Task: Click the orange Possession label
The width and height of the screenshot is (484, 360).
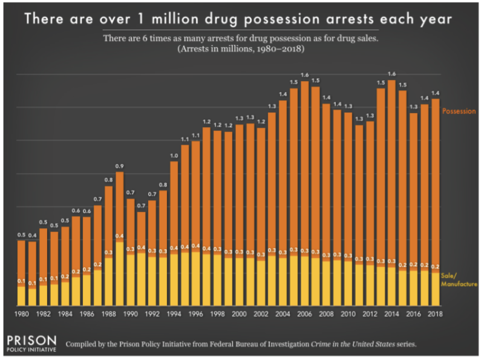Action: point(459,111)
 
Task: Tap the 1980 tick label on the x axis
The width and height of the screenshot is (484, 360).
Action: point(21,315)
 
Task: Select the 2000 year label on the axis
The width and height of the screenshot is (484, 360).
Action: point(238,315)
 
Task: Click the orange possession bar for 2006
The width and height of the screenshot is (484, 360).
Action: point(304,169)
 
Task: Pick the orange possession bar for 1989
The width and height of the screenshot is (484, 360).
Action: point(120,206)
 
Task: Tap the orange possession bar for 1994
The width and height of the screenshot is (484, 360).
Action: point(174,206)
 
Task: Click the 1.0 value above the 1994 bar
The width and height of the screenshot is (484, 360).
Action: point(174,156)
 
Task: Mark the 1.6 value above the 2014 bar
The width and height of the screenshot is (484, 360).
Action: point(391,74)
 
